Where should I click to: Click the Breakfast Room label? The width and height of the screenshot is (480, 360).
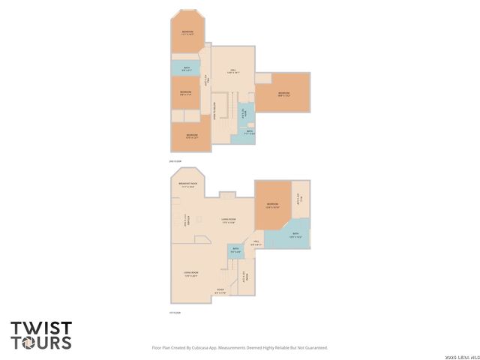click(x=187, y=184)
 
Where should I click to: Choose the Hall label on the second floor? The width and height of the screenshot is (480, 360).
click(x=233, y=72)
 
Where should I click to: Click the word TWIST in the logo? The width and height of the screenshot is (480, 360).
click(x=41, y=328)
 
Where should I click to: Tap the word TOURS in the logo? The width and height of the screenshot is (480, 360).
click(x=41, y=343)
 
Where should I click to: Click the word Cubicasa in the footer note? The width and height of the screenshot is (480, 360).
click(x=203, y=347)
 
